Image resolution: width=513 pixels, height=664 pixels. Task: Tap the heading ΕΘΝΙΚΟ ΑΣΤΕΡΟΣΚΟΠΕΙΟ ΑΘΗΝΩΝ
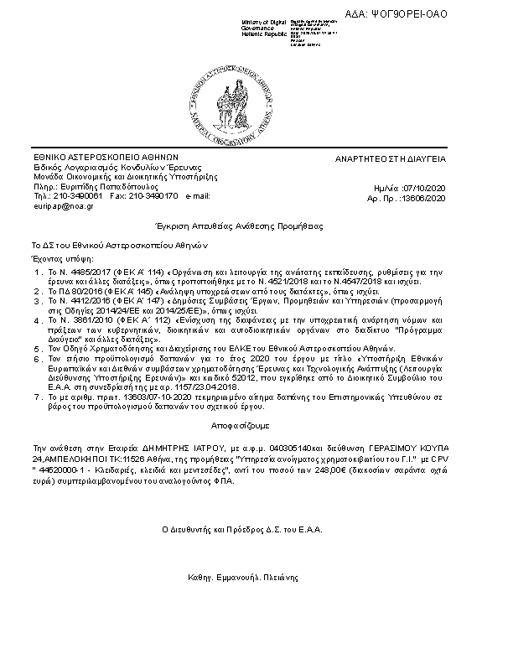[x=106, y=157]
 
